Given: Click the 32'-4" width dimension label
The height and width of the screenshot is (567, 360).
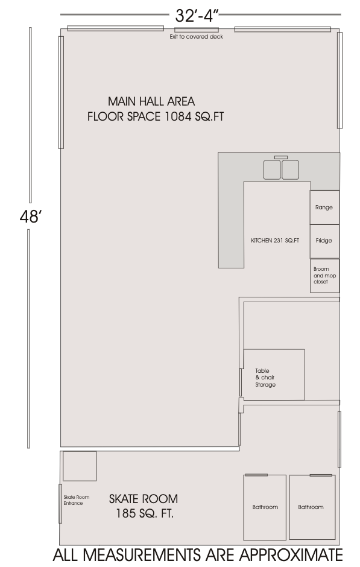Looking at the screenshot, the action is tap(197, 16).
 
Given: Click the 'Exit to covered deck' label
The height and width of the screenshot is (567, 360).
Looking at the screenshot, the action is tap(196, 37).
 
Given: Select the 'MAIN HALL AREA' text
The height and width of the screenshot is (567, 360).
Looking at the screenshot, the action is tap(151, 101).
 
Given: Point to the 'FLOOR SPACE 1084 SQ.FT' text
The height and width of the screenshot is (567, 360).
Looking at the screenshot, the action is tap(156, 116).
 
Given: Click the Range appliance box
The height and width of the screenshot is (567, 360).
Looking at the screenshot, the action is tap(324, 207).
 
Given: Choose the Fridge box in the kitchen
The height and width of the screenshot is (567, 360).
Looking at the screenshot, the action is tap(324, 241).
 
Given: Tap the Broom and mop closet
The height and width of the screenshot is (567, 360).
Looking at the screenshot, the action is tap(324, 276).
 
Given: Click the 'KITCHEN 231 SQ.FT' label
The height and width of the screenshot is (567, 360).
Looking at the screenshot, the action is tap(275, 241).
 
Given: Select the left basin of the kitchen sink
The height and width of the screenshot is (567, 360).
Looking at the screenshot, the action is tap(272, 170).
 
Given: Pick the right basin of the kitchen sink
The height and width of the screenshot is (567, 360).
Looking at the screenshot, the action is tap(290, 170).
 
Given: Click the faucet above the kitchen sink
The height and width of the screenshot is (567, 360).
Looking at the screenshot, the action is tap(281, 157).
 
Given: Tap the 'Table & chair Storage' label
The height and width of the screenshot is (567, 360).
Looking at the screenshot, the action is tap(265, 378).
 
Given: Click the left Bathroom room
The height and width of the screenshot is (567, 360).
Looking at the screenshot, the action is tap(265, 507).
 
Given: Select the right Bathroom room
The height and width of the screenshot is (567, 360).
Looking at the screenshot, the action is tap(312, 507).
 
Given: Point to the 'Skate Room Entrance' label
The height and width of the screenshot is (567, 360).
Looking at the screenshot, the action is tap(76, 500).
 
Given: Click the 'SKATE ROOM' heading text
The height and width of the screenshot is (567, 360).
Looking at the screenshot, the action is tap(144, 499).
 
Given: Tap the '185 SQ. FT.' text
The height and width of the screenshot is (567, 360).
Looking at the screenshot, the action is tap(145, 513).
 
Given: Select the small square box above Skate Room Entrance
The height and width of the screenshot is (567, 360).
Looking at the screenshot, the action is tap(80, 466).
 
